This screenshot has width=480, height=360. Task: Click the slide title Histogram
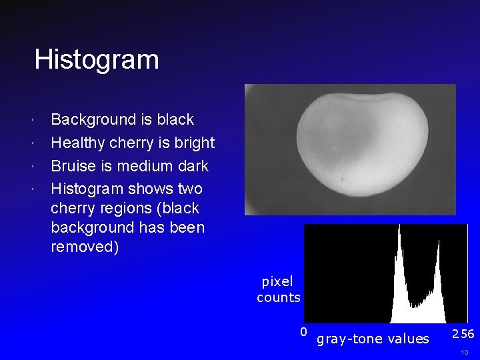point(97,59)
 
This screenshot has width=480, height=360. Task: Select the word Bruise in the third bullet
point(73,165)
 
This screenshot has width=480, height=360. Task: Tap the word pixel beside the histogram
point(277,281)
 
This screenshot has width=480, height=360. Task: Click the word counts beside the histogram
point(279,297)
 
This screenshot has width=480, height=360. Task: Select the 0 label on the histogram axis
point(303,331)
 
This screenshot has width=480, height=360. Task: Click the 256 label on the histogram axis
point(463,333)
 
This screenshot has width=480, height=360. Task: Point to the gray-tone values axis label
point(373,339)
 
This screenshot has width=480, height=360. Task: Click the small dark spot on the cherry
point(343,179)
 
